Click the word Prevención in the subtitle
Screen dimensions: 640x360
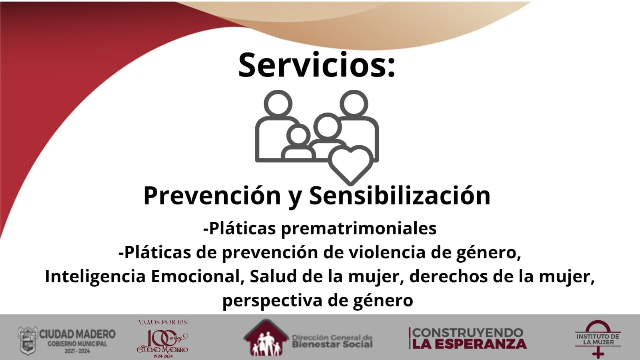(212, 196)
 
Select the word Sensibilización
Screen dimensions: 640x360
(400, 195)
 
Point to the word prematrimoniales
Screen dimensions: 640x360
(359, 229)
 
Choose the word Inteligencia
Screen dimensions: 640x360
(95, 277)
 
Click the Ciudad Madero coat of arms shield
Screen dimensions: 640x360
(28, 340)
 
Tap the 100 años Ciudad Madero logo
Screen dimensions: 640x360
(162, 339)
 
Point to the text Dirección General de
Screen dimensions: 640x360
(332, 338)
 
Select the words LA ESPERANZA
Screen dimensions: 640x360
(469, 344)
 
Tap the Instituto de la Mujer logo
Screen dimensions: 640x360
(598, 339)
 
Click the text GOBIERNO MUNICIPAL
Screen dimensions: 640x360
(77, 344)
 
